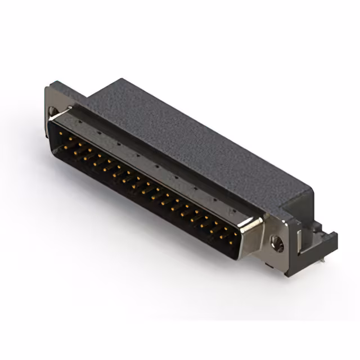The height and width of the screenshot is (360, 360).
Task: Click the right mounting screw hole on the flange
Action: pyautogui.click(x=276, y=243)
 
